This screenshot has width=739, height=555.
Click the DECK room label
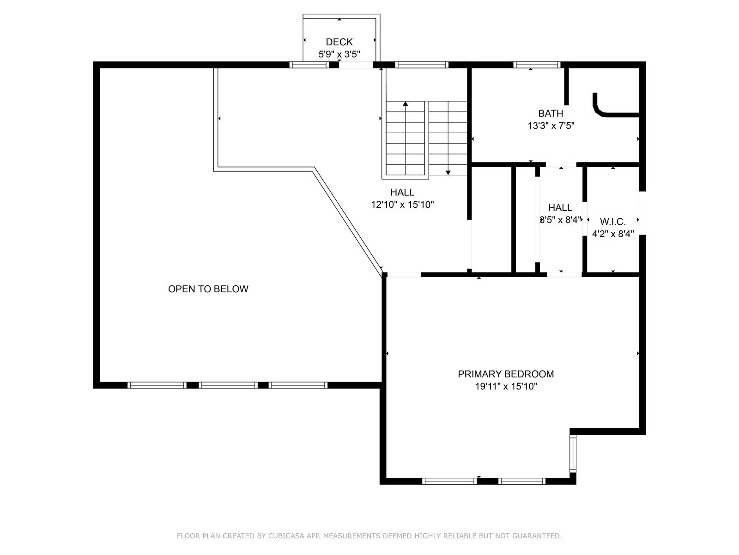tap(339, 42)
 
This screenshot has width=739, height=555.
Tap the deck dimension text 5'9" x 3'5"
tap(339, 54)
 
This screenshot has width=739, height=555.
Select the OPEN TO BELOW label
tap(208, 289)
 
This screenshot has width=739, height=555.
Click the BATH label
tap(551, 113)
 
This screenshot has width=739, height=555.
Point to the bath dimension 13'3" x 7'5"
tap(551, 126)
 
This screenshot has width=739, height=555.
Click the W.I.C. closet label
tap(613, 222)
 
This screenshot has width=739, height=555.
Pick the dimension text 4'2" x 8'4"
tap(613, 234)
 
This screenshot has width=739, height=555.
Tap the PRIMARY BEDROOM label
tap(506, 374)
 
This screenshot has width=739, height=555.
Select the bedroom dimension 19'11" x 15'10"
tap(506, 386)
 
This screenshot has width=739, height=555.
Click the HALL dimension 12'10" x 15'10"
tap(402, 204)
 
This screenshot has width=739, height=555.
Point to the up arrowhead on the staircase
tap(406, 104)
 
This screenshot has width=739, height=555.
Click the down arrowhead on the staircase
tap(448, 173)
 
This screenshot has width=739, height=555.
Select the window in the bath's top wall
tap(537, 65)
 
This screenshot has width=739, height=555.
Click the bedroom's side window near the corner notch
tap(573, 454)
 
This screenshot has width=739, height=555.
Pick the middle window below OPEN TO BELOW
tap(228, 385)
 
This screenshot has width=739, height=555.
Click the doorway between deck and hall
tap(356, 65)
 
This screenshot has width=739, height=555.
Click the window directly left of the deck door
tap(309, 65)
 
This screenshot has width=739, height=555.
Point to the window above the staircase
tap(422, 65)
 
